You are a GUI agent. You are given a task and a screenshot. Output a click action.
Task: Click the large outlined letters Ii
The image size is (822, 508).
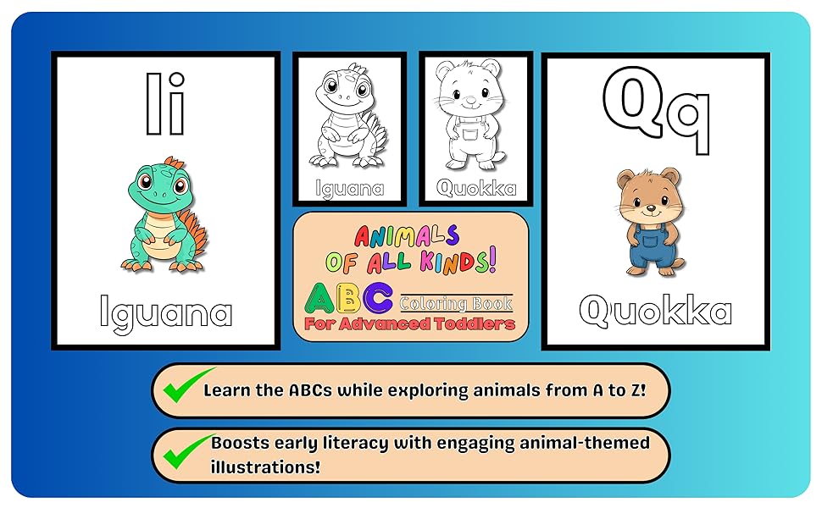165,103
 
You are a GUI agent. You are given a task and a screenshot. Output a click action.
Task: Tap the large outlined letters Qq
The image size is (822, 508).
657,110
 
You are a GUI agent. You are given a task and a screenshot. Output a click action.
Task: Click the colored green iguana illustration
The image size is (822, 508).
164,215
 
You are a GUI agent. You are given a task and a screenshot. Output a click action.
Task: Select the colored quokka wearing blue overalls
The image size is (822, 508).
651,222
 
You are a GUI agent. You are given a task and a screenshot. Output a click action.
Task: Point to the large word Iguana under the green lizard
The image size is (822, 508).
165,314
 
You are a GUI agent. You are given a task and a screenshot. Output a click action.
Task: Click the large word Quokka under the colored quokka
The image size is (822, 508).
655,310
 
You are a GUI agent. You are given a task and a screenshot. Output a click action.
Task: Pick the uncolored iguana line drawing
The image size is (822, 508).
349,115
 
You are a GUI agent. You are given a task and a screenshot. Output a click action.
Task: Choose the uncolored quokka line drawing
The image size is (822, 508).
471,114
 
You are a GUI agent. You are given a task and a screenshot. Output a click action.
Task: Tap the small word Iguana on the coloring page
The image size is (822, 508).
350,189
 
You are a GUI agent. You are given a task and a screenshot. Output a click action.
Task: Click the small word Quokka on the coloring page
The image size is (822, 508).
476,187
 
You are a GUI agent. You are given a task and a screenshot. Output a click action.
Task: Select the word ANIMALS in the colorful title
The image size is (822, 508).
407,236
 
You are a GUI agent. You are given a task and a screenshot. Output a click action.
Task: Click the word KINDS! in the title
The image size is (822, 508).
458,261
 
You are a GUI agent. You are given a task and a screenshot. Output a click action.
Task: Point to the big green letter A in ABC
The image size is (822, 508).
319,299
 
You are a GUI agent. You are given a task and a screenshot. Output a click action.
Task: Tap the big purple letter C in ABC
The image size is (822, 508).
378,298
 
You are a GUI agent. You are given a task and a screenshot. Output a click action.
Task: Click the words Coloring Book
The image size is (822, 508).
456,303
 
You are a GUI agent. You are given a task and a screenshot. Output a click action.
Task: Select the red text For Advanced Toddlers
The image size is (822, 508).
409,324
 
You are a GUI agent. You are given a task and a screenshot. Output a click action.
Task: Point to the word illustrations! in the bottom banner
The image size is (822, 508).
265,467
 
